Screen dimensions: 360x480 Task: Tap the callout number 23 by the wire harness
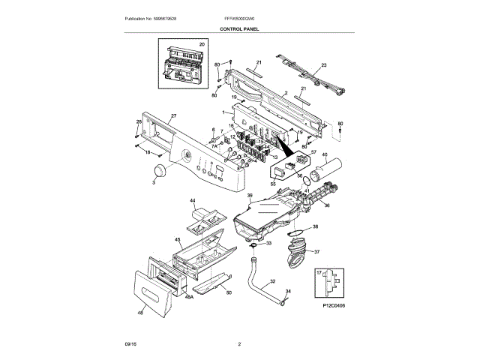click(x=324, y=67)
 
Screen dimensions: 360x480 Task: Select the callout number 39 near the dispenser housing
click(x=250, y=196)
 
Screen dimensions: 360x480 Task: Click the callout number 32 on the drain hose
click(x=272, y=282)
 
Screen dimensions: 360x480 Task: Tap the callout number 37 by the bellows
click(x=316, y=252)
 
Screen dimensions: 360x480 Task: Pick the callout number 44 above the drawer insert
click(x=193, y=202)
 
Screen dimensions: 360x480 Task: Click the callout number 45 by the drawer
click(x=178, y=240)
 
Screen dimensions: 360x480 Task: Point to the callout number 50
click(x=229, y=292)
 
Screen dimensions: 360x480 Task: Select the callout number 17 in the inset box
click(x=318, y=273)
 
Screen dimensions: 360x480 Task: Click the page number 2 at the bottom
click(x=239, y=344)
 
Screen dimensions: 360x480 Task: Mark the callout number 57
click(x=313, y=152)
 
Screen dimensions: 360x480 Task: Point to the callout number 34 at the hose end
click(x=288, y=290)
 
